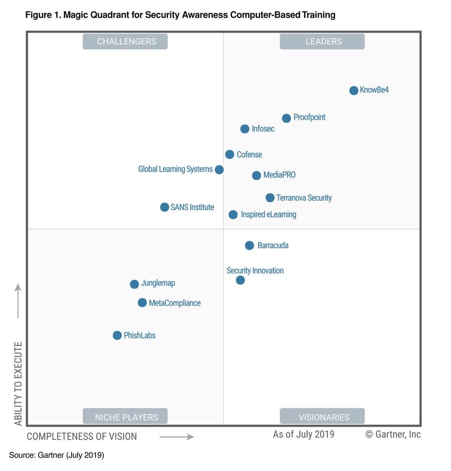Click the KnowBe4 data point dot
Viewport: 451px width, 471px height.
(x=353, y=90)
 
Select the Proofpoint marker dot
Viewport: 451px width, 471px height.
(x=286, y=118)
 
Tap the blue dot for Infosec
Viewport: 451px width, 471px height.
(x=245, y=129)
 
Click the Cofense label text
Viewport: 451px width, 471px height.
(x=249, y=154)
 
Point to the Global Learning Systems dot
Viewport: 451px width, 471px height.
(x=219, y=170)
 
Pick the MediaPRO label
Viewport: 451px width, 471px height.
(x=279, y=175)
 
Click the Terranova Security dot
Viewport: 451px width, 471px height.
(x=270, y=198)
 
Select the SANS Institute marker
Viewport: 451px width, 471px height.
(x=164, y=207)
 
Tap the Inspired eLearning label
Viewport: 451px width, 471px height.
(x=268, y=215)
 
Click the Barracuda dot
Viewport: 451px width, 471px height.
(x=249, y=245)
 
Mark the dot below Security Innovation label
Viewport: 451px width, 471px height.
(x=240, y=280)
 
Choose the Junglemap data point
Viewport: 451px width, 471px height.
(x=134, y=284)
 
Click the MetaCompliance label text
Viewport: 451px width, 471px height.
(x=174, y=303)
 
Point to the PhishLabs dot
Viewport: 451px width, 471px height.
(x=117, y=335)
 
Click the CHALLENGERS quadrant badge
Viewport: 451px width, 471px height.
(x=125, y=41)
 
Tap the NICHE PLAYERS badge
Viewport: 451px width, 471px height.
(x=125, y=417)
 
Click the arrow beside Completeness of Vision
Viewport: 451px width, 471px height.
(x=176, y=437)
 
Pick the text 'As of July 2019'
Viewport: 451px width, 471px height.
(x=303, y=434)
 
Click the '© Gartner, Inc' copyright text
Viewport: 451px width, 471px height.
(x=393, y=434)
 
